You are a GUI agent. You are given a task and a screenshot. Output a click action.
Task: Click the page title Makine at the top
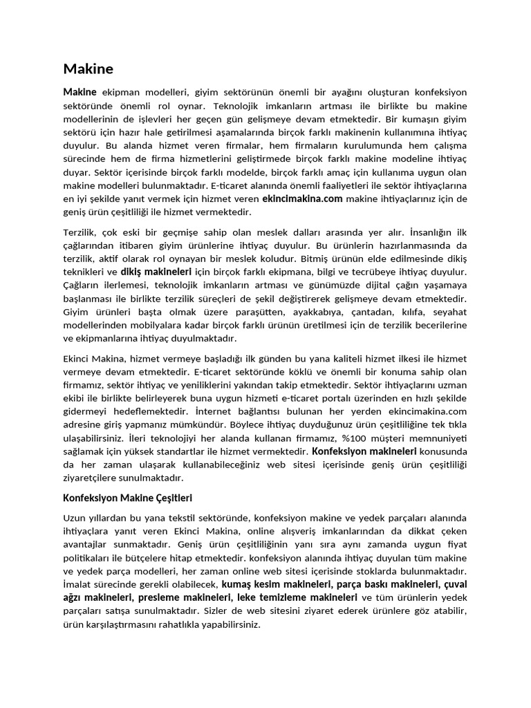pyautogui.click(x=88, y=68)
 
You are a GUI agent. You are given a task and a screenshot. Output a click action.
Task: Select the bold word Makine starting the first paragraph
pyautogui.click(x=80, y=92)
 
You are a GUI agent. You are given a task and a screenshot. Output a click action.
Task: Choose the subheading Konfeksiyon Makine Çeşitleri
pyautogui.click(x=127, y=498)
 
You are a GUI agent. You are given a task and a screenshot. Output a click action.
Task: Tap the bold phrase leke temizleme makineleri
pyautogui.click(x=297, y=597)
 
